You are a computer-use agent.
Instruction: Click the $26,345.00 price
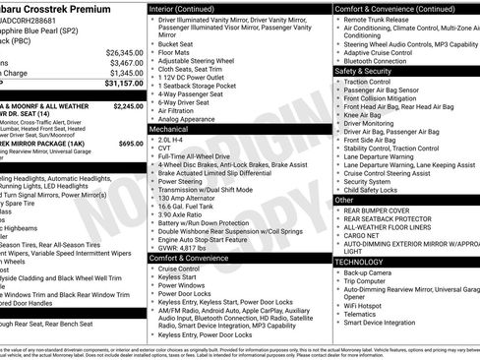pos(124,51)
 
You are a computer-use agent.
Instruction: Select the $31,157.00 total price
pos(124,84)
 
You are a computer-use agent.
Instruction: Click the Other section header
pos(344,199)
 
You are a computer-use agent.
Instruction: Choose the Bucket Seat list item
pos(175,43)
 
